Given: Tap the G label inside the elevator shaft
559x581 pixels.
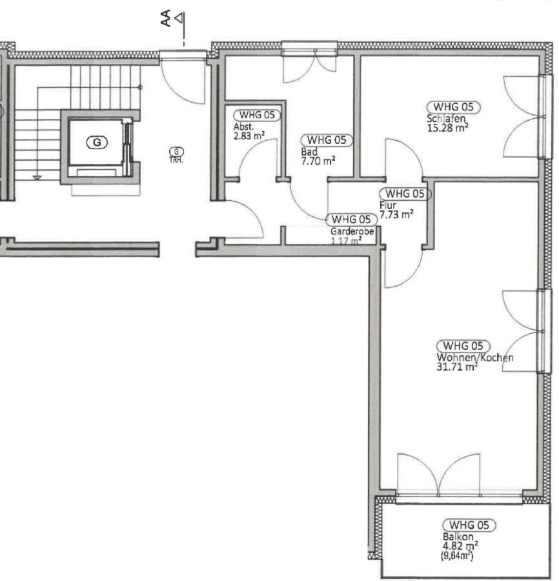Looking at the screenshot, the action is click(x=97, y=142).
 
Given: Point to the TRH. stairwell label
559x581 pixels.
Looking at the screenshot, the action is click(x=176, y=161).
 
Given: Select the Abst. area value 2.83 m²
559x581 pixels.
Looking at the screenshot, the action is click(x=249, y=136).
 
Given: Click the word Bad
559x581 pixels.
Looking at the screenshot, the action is click(x=309, y=152).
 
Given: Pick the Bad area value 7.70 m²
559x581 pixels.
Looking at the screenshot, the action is click(x=318, y=161).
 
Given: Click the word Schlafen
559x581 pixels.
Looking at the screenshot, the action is click(x=446, y=119).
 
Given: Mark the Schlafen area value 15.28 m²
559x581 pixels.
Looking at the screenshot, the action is click(x=447, y=128).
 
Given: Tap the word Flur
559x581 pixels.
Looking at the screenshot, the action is click(x=388, y=205).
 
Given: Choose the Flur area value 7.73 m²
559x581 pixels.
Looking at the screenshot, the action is click(x=396, y=214).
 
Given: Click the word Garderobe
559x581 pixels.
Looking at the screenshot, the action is click(x=352, y=232).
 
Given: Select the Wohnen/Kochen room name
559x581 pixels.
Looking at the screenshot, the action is click(x=475, y=358).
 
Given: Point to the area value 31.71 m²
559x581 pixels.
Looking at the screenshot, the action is click(x=458, y=367).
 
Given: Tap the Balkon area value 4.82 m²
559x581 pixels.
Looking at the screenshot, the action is click(x=460, y=545).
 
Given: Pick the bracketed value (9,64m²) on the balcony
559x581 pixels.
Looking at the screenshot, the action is click(x=457, y=555).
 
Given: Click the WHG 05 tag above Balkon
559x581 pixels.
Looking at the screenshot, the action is click(x=469, y=525).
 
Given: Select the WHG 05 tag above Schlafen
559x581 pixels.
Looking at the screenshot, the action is click(x=453, y=107).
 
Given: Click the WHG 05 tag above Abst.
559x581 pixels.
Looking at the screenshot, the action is click(x=257, y=116).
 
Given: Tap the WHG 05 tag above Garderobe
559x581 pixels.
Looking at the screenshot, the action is click(x=351, y=219).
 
